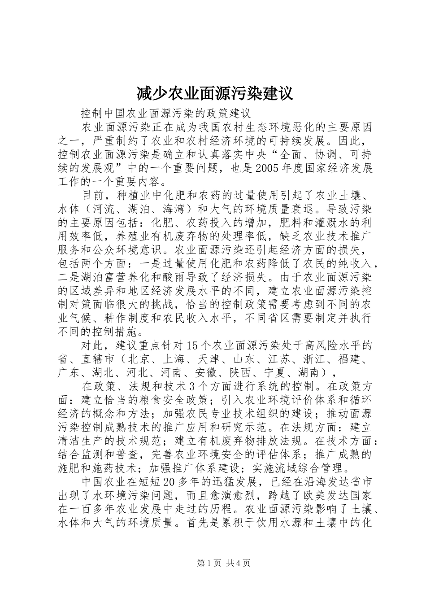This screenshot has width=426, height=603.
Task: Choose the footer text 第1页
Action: click(209, 564)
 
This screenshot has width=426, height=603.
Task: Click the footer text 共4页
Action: click(238, 564)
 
